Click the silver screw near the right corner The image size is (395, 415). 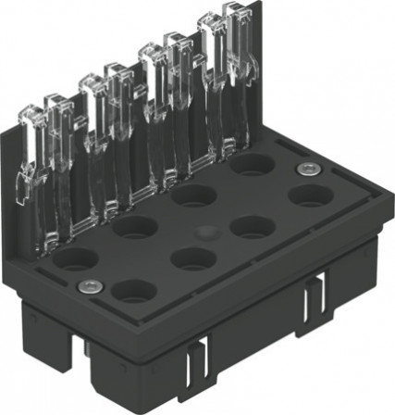306,169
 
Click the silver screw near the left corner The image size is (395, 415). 89,284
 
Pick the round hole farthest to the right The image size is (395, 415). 309,196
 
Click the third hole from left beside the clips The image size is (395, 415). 192,195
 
